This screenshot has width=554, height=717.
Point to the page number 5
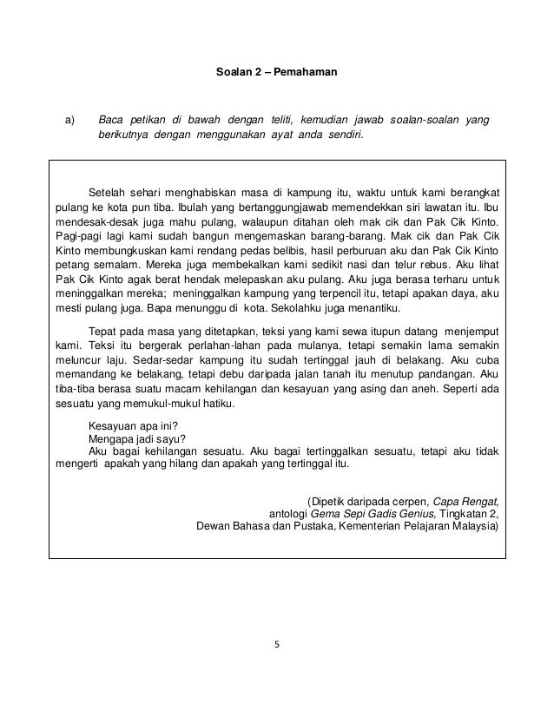[x=276, y=645]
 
